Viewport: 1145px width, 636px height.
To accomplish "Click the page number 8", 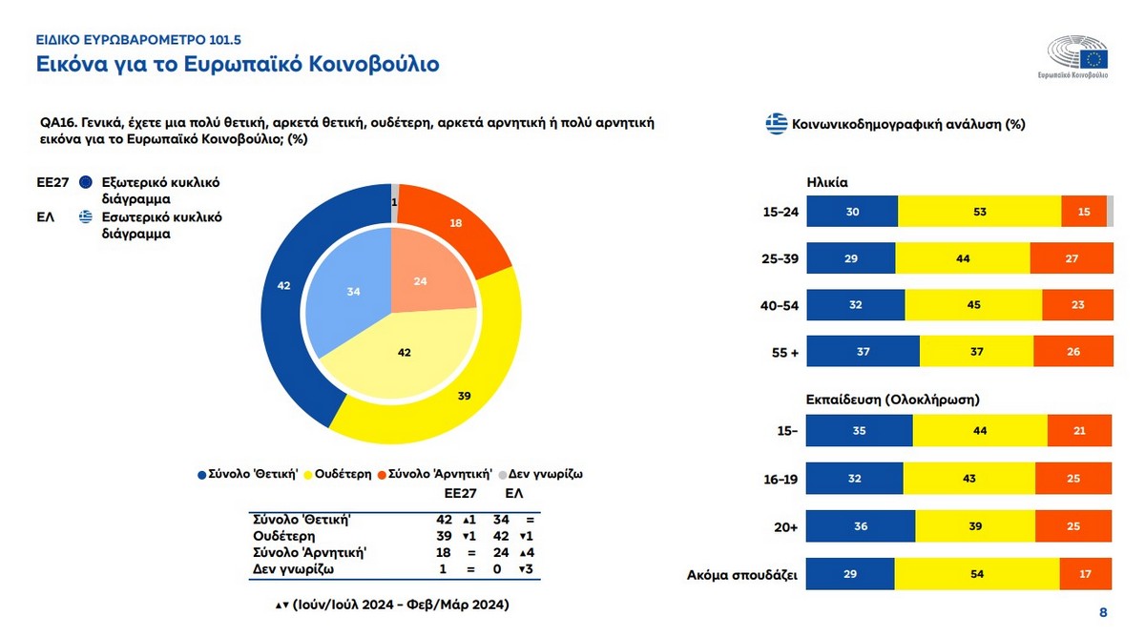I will pos(1103,612).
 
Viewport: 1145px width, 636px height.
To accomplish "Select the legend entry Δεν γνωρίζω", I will pos(544,473).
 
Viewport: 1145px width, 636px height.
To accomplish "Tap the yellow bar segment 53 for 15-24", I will pos(979,212).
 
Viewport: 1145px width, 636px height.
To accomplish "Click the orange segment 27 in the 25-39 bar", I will pos(1072,258).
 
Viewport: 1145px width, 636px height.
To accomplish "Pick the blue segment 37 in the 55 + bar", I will pos(864,351).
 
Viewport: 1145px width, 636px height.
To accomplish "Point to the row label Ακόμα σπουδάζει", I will pos(742,575).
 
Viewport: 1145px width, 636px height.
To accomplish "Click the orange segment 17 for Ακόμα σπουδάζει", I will pos(1086,574).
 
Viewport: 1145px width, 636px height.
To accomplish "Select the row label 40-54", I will pos(780,305).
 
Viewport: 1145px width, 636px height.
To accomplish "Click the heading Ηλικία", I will pos(827,181).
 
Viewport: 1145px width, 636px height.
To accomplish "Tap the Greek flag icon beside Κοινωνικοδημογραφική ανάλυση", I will pos(776,123).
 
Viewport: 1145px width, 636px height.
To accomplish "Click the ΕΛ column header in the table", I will pos(513,494).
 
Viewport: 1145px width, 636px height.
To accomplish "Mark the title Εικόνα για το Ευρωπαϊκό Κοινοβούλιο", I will pos(238,65).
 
